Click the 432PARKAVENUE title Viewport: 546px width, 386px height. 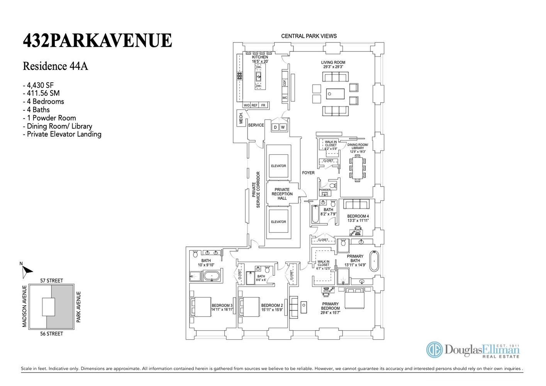97,41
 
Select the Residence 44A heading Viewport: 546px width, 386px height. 55,66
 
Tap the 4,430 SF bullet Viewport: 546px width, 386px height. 38,85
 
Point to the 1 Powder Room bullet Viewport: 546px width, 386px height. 49,118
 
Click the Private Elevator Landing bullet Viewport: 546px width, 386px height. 62,134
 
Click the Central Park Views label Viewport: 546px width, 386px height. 309,36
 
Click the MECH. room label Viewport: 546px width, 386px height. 241,118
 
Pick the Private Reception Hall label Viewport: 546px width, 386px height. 282,194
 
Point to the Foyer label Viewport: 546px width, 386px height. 308,173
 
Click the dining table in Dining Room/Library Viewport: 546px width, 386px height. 358,168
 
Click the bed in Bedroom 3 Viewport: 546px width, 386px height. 200,307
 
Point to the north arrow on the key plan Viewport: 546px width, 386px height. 26,271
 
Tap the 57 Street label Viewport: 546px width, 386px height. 51,281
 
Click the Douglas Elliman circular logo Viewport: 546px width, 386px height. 434,350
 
